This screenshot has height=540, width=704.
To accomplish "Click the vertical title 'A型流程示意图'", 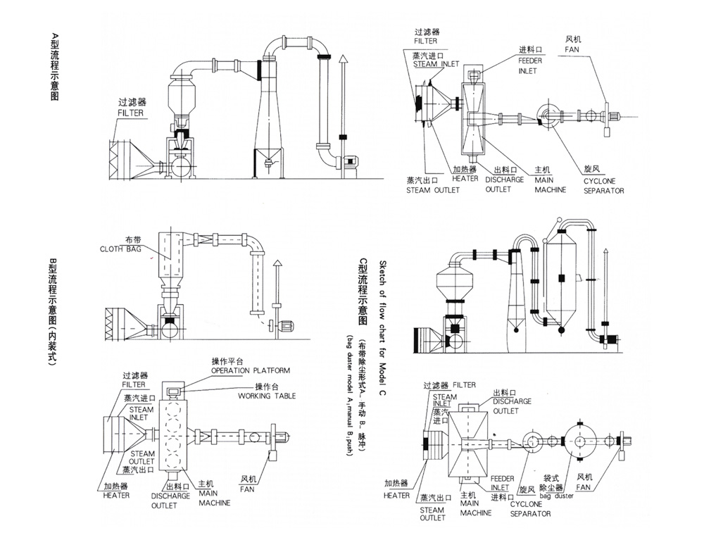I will (x=55, y=67).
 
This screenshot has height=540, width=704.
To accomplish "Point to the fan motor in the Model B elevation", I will (x=286, y=325).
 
